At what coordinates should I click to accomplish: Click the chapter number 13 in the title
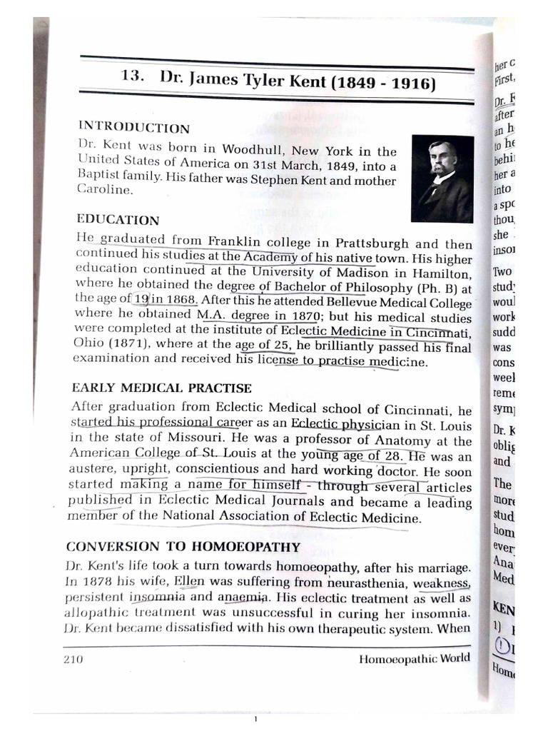click(x=133, y=78)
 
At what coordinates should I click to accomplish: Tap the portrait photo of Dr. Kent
click(x=442, y=178)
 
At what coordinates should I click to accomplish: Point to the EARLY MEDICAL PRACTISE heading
click(x=162, y=389)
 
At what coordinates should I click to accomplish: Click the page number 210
click(x=73, y=660)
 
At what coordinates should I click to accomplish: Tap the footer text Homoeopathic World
click(x=415, y=658)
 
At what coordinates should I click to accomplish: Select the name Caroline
click(x=104, y=191)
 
